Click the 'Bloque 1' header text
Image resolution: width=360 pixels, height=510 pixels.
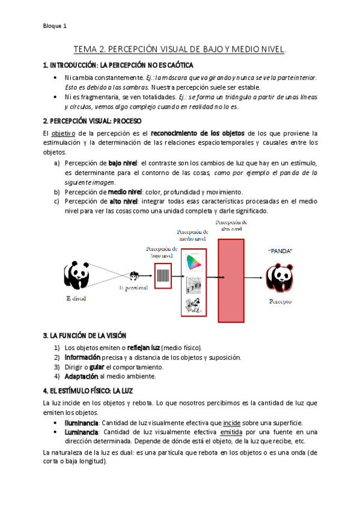55,26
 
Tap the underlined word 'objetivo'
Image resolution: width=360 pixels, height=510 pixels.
63,133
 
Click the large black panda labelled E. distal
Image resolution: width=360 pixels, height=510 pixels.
76,276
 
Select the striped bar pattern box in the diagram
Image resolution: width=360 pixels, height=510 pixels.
162,275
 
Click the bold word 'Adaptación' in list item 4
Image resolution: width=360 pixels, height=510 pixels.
81,376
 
